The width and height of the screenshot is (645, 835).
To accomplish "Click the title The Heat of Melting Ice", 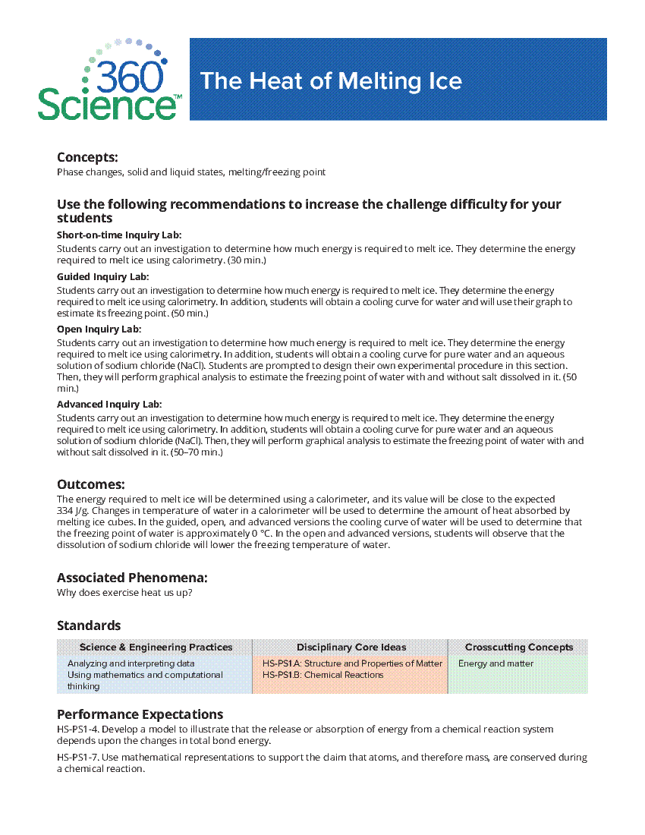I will pyautogui.click(x=331, y=80).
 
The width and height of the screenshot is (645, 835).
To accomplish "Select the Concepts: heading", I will pyautogui.click(x=87, y=157).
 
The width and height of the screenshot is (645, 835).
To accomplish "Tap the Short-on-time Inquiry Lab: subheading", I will pyautogui.click(x=119, y=235).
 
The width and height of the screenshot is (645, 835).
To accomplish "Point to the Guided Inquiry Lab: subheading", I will pyautogui.click(x=102, y=277).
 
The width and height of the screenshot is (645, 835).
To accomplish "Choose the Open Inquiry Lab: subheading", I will pyautogui.click(x=99, y=329).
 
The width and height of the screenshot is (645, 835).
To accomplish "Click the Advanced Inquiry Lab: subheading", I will pyautogui.click(x=109, y=405).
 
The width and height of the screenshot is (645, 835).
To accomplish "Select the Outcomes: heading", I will pyautogui.click(x=90, y=484).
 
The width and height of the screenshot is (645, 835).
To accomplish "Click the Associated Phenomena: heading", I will pyautogui.click(x=132, y=578).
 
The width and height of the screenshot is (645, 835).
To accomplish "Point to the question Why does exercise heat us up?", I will pyautogui.click(x=124, y=593).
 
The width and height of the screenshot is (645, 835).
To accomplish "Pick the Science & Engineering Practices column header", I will pyautogui.click(x=156, y=648).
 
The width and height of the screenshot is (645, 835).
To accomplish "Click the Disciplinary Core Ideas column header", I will pyautogui.click(x=351, y=648).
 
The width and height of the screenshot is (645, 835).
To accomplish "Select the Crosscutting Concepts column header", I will pyautogui.click(x=519, y=648).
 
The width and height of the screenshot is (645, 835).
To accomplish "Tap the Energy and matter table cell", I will pyautogui.click(x=496, y=663).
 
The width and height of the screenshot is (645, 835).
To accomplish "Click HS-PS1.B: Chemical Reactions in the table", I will pyautogui.click(x=323, y=675).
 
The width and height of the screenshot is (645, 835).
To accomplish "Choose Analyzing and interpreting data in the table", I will pyautogui.click(x=131, y=663).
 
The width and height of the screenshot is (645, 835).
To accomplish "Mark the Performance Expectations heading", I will pyautogui.click(x=140, y=714).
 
